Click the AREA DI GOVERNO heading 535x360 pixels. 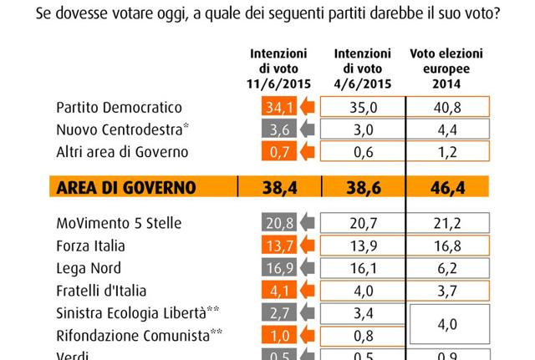click(x=128, y=188)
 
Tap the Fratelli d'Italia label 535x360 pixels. click(x=101, y=291)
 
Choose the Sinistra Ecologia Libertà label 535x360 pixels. click(x=137, y=313)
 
